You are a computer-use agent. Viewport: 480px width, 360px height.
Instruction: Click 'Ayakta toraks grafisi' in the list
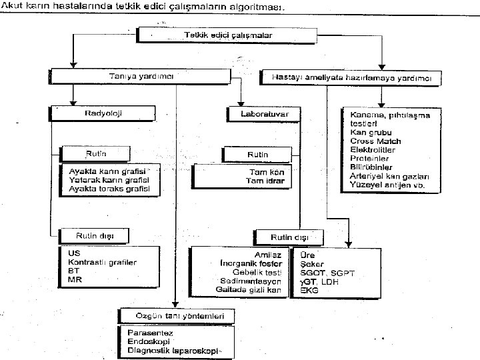pyautogui.click(x=109, y=189)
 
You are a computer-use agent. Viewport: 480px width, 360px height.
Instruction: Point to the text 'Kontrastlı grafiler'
pyautogui.click(x=102, y=263)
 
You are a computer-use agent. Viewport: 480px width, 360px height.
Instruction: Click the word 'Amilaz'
pyautogui.click(x=269, y=255)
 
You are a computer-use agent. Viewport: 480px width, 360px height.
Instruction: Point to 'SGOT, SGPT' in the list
pyautogui.click(x=327, y=273)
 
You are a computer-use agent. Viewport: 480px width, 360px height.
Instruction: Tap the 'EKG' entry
pyautogui.click(x=309, y=291)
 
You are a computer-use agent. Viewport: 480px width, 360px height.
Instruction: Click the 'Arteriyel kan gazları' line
pyautogui.click(x=389, y=175)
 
